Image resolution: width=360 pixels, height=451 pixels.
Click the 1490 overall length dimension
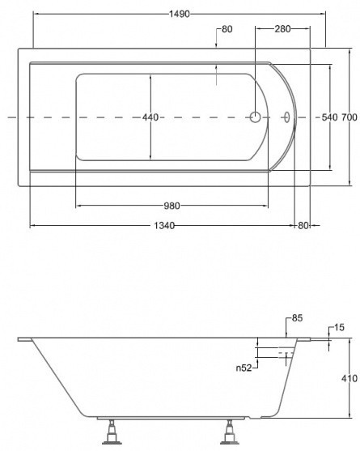pyautogui.click(x=180, y=14)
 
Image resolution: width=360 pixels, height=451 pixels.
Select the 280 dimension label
pyautogui.click(x=282, y=29)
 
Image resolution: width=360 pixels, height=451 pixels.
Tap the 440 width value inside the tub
pyautogui.click(x=150, y=117)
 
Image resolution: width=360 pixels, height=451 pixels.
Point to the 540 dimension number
pyautogui.click(x=329, y=117)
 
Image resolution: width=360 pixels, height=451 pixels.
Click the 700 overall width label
pyautogui.click(x=349, y=117)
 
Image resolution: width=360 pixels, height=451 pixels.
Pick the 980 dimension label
pyautogui.click(x=172, y=206)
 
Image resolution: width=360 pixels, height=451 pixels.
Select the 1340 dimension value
pyautogui.click(x=164, y=225)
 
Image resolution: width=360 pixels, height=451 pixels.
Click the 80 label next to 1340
pyautogui.click(x=303, y=225)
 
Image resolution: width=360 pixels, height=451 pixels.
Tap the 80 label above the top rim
pyautogui.click(x=227, y=29)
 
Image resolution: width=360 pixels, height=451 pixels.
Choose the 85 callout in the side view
pyautogui.click(x=297, y=318)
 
